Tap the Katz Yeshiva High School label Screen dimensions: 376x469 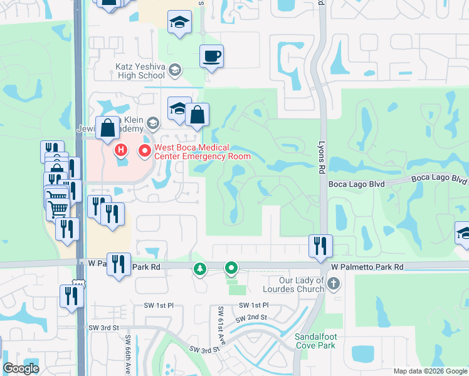click(x=139, y=70)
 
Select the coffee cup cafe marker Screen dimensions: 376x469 click(x=211, y=57)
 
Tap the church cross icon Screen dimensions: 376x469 click(x=333, y=284)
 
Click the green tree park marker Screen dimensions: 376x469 click(x=200, y=269)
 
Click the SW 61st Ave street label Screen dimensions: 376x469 click(x=222, y=320)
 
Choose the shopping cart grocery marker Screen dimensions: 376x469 click(x=58, y=207)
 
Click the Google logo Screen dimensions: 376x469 click(x=21, y=368)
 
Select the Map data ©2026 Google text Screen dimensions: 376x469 click(x=429, y=371)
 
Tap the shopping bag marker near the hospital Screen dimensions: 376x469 click(x=108, y=127)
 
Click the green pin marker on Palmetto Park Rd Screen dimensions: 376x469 click(x=231, y=269)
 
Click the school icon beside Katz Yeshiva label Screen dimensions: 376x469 click(x=175, y=70)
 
